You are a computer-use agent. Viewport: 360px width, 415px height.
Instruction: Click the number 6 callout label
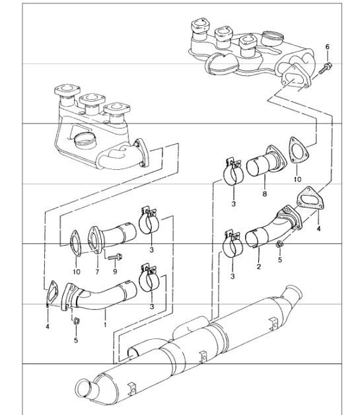point(328,47)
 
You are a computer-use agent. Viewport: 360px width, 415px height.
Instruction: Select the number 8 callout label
point(264,194)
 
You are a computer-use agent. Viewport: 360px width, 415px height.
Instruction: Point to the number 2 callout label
point(259,266)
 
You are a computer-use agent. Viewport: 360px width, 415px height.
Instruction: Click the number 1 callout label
point(105,324)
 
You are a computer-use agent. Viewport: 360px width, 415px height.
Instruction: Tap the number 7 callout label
point(97,272)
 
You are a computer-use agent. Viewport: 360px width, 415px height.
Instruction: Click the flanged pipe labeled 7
point(112,237)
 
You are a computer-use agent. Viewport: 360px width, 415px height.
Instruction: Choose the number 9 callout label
point(115,272)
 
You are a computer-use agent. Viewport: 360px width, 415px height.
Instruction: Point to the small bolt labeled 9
point(115,256)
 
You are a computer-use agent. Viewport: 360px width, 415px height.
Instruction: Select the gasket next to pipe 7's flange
point(75,243)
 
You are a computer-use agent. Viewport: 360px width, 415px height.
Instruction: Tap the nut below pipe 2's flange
point(279,244)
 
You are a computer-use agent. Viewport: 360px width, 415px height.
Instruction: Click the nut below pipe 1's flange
point(76,321)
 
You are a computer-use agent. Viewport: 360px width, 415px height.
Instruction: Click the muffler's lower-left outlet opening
point(85,389)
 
